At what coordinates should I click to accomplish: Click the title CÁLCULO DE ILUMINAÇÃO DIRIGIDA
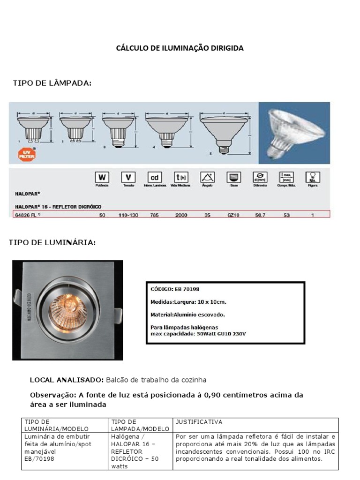[x=180, y=48]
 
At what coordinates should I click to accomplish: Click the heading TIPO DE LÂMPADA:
[x=52, y=83]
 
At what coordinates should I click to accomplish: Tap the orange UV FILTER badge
[x=27, y=154]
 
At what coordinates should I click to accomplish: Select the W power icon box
[x=102, y=178]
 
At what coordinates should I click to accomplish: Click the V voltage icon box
[x=128, y=178]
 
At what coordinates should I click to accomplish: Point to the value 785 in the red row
[x=154, y=215]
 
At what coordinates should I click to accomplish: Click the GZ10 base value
[x=233, y=215]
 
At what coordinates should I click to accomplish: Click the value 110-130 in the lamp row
[x=128, y=215]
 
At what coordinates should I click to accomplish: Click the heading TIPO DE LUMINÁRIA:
[x=52, y=242]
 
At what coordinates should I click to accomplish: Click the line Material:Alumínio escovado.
[x=187, y=315]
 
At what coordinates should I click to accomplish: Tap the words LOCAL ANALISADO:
[x=67, y=380]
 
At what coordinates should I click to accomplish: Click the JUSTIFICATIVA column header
[x=199, y=422]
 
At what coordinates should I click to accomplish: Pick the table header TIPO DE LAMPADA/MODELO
[x=140, y=425]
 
